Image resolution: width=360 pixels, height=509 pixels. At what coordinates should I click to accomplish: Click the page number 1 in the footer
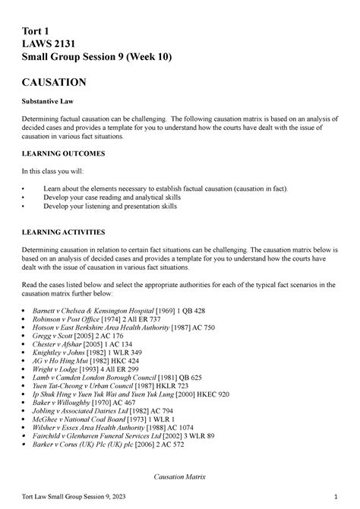click(335, 498)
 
